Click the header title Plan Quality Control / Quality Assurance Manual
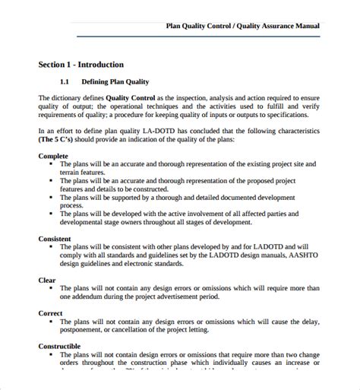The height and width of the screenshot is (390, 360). tap(242, 25)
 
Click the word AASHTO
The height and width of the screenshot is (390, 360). tap(302, 255)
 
